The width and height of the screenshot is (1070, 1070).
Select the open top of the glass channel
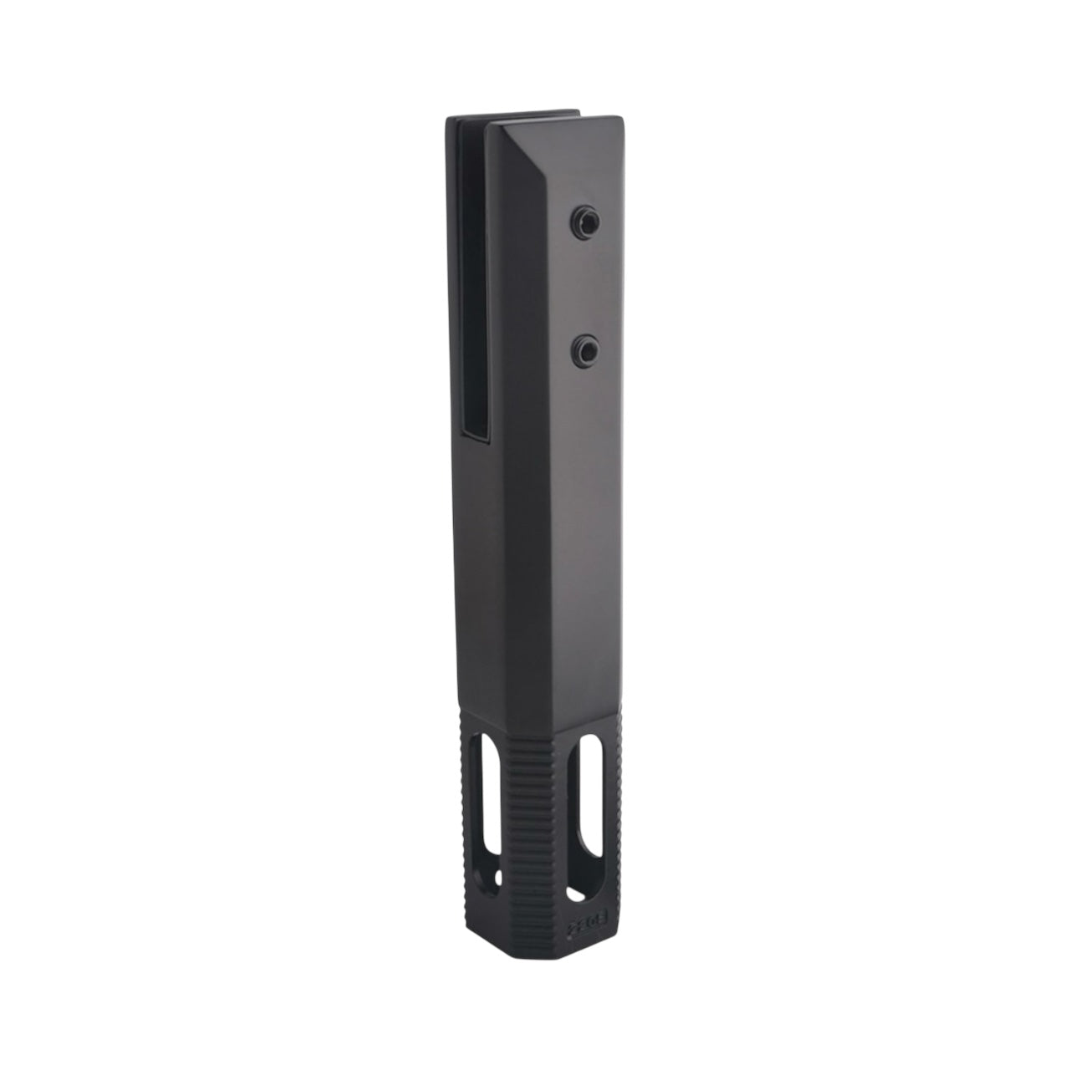[x=475, y=125]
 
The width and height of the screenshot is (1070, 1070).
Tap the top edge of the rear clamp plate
[x=510, y=115]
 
